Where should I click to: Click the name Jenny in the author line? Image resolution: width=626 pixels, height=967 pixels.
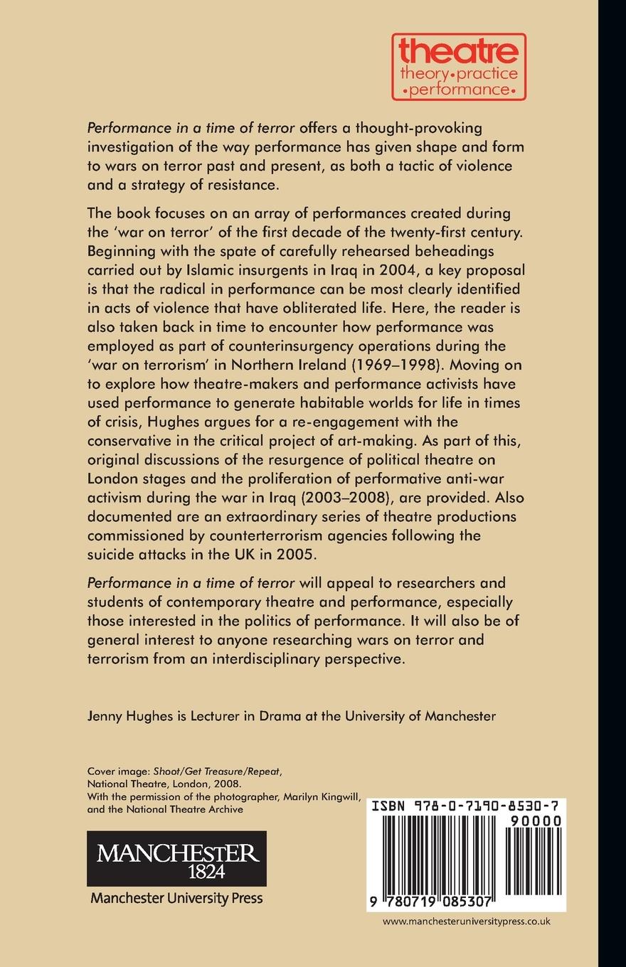(x=106, y=716)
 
